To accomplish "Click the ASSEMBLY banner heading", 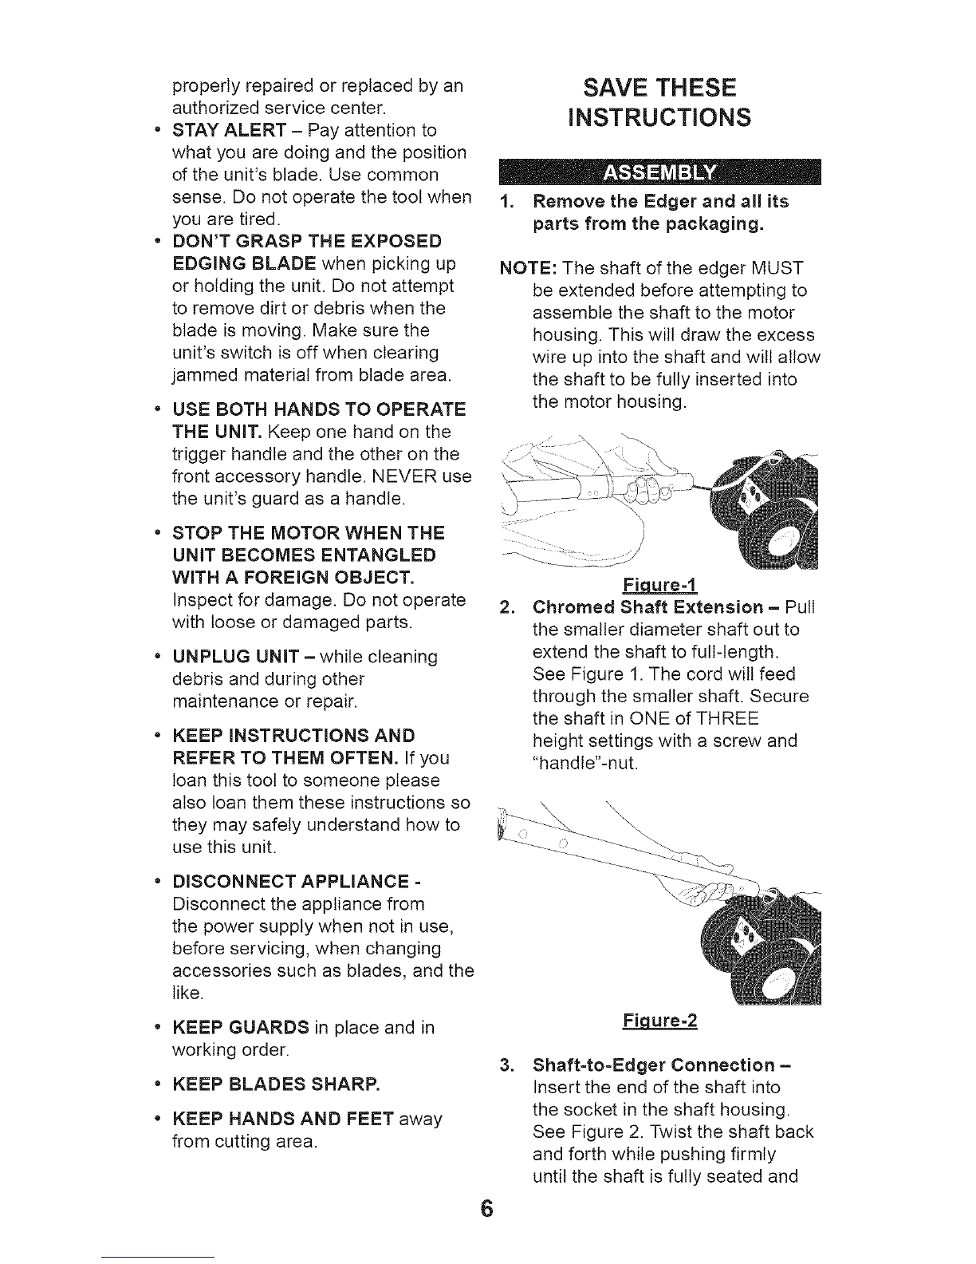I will pyautogui.click(x=659, y=172).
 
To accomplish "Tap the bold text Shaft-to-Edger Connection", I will pyautogui.click(x=653, y=1065).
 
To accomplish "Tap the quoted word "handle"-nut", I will pyautogui.click(x=584, y=763).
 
